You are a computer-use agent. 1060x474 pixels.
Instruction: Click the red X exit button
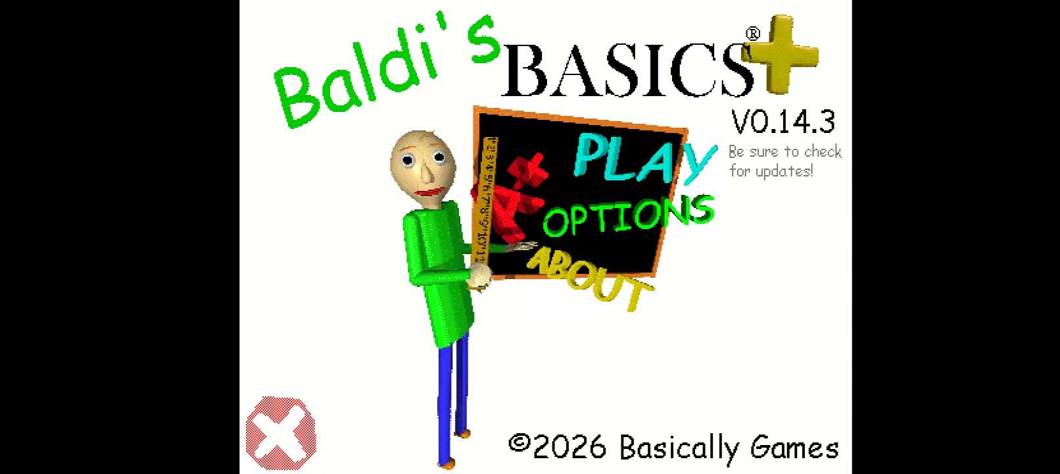coord(281,433)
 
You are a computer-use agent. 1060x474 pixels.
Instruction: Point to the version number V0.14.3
coord(783,122)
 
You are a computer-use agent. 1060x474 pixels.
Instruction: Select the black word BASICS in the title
coord(627,70)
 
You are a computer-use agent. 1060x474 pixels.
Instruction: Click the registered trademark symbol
coord(753,34)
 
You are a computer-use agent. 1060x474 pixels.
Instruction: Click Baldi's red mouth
coord(431,192)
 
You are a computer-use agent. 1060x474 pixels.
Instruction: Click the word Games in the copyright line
coord(794,448)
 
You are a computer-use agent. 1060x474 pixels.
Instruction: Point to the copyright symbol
coord(519,442)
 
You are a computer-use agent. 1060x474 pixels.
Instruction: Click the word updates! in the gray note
coord(784,171)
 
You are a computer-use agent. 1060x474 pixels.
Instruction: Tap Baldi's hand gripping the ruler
coord(480,276)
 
